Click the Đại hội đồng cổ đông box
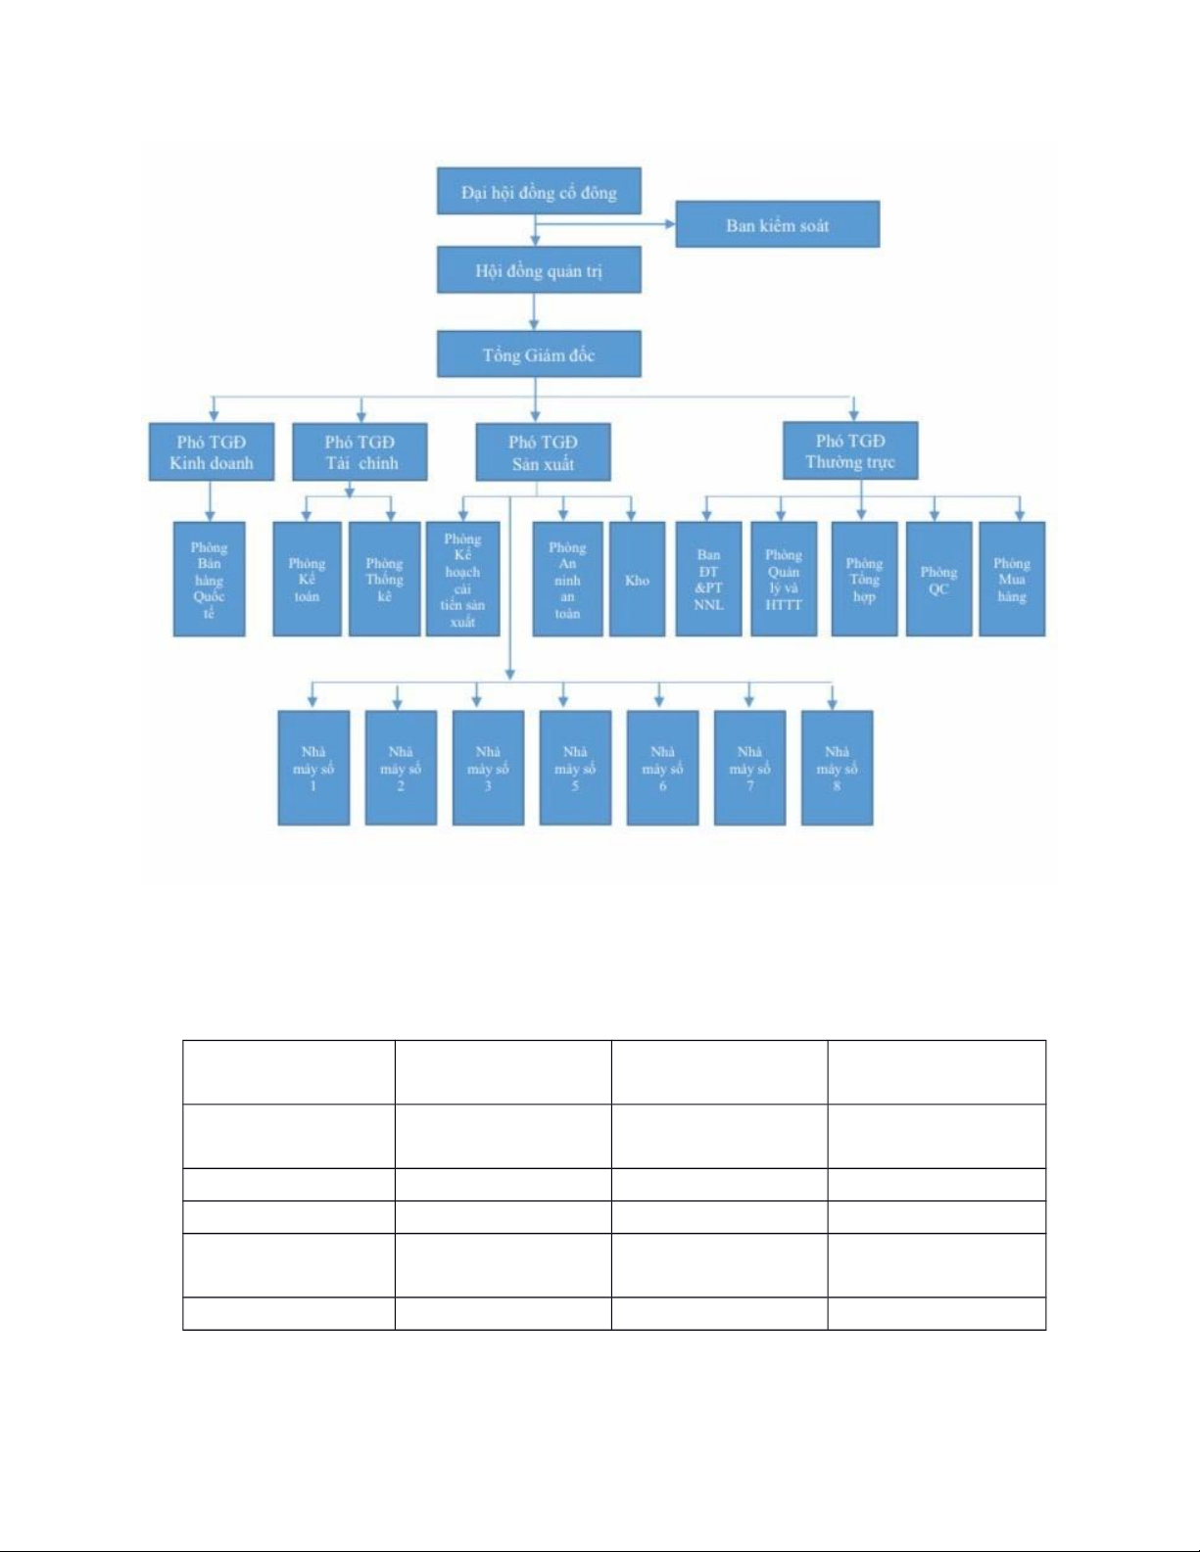click(x=539, y=192)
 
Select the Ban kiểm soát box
click(x=777, y=224)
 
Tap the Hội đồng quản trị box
click(x=539, y=270)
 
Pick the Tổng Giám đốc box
click(x=539, y=354)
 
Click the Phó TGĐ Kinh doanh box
click(x=211, y=451)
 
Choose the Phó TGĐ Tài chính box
click(x=360, y=451)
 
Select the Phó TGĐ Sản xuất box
click(x=543, y=451)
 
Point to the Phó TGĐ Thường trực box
click(x=850, y=450)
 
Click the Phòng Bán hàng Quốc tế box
click(x=209, y=580)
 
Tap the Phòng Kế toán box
click(x=307, y=580)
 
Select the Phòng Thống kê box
click(x=384, y=580)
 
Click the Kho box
click(x=637, y=580)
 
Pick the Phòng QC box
click(x=938, y=580)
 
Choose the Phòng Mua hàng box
click(x=1012, y=580)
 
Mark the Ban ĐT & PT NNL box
click(x=708, y=580)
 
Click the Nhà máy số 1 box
click(x=313, y=768)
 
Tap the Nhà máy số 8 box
click(x=837, y=768)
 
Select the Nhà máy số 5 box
click(x=575, y=768)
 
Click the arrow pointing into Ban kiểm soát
click(x=669, y=224)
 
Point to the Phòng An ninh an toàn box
click(x=567, y=580)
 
